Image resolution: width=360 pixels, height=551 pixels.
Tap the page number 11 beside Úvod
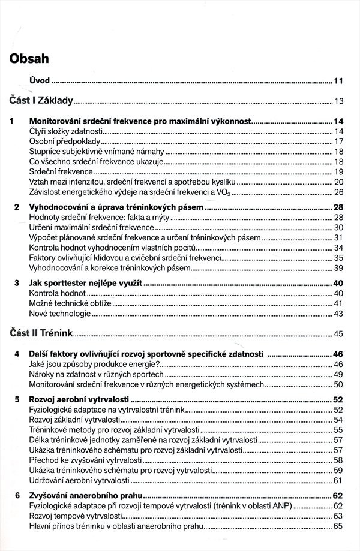pos(338,80)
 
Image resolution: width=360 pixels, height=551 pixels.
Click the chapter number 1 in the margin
pos(12,121)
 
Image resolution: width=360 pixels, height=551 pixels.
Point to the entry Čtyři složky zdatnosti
pos(66,131)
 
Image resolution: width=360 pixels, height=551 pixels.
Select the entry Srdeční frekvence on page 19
pos(58,171)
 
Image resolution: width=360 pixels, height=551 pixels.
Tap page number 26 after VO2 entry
pos(338,192)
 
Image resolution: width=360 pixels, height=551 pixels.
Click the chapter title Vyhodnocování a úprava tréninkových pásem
pos(116,207)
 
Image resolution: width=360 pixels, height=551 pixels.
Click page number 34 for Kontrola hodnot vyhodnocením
pos(338,248)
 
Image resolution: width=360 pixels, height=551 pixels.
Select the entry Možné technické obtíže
pos(70,303)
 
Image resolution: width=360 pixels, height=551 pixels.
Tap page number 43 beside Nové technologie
pos(338,314)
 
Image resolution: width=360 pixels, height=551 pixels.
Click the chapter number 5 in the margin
pos(17,399)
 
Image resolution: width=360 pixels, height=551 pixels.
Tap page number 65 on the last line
pos(338,526)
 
